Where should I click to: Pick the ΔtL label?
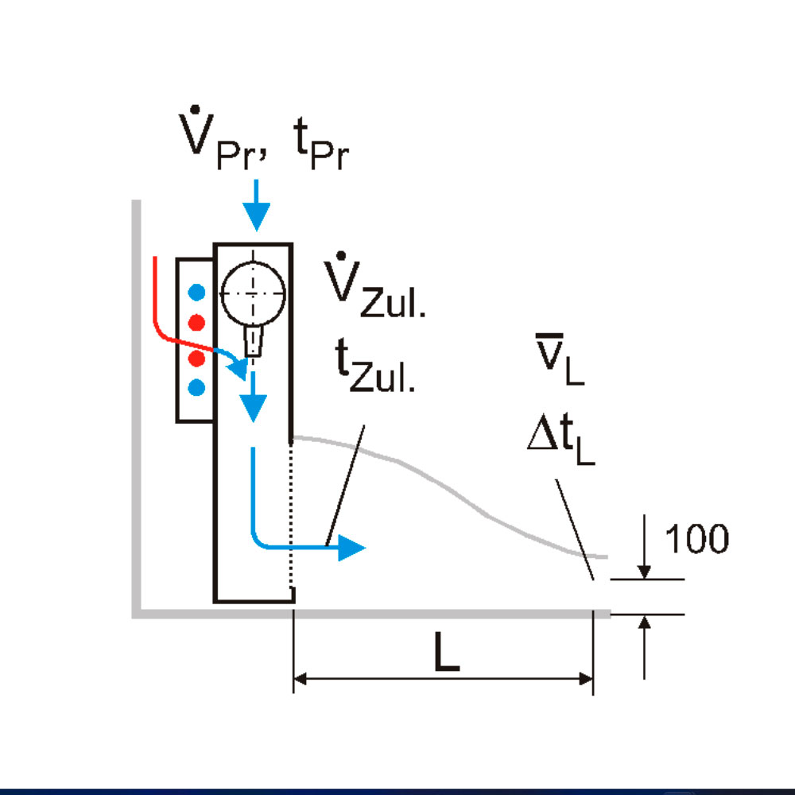click(x=560, y=442)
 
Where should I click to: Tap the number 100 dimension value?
click(x=696, y=539)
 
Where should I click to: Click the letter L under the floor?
click(x=447, y=653)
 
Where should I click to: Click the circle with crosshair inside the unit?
click(x=252, y=293)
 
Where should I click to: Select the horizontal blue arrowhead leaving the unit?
click(x=350, y=547)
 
